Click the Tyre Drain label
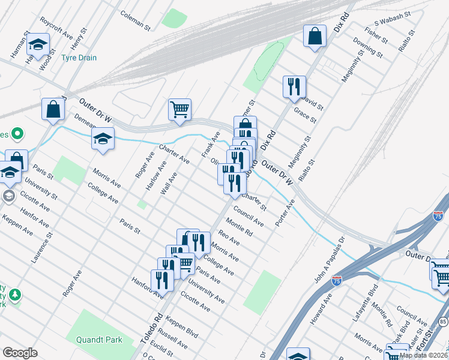tap(79, 58)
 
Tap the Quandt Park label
tap(99, 340)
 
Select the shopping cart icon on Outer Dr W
tap(179, 110)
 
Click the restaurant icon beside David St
tap(294, 87)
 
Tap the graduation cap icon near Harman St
tap(38, 45)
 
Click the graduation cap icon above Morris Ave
tap(103, 139)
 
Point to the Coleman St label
tap(135, 20)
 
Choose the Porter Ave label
tap(285, 214)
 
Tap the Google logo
tap(20, 352)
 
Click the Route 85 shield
tap(442, 322)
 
